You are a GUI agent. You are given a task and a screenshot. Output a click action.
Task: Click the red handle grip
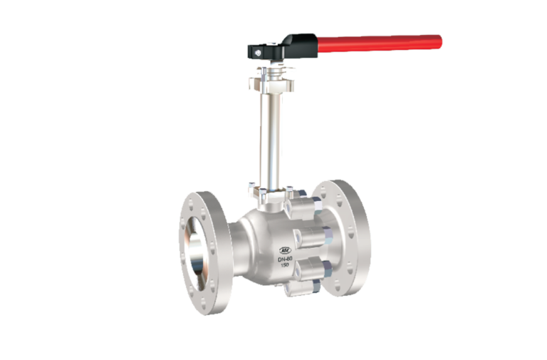click(x=377, y=42)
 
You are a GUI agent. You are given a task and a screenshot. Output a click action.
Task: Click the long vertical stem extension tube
click(x=269, y=135)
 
